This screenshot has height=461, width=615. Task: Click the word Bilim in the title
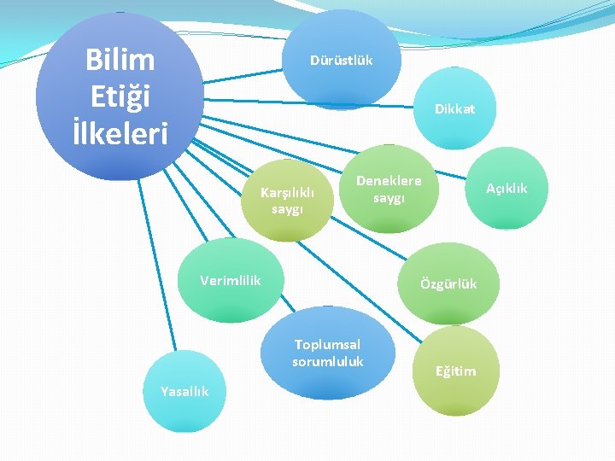(120, 60)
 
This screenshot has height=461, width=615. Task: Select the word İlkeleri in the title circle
(120, 133)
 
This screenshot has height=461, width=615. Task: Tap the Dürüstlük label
(341, 61)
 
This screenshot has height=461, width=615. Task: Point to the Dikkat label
(454, 109)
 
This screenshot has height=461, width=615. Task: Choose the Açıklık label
(507, 188)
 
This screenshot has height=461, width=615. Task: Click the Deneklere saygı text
(388, 190)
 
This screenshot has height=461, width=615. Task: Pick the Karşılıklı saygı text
(287, 201)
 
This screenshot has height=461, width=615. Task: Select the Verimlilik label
(230, 280)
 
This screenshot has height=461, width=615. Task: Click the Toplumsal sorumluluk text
(327, 353)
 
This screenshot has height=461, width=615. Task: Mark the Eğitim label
(456, 371)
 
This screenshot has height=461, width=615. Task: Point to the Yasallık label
(184, 391)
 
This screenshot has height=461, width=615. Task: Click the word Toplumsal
(327, 344)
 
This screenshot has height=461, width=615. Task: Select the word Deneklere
(388, 181)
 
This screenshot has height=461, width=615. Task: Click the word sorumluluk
(327, 361)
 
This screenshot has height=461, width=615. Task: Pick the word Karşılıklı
(287, 193)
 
